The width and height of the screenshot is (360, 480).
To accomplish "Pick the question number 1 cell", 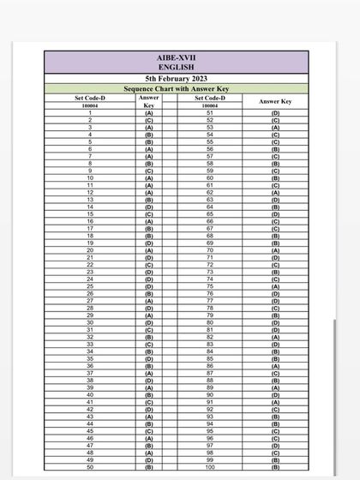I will (x=90, y=113).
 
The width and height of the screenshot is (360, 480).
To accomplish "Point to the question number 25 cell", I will (x=90, y=287).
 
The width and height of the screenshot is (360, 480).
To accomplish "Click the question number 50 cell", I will (x=90, y=468).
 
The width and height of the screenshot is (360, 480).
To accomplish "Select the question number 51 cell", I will (x=211, y=113).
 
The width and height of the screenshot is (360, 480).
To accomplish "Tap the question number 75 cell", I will (x=211, y=287).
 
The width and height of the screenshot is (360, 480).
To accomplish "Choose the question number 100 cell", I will (x=211, y=468).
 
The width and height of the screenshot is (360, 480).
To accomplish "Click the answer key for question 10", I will (x=149, y=178).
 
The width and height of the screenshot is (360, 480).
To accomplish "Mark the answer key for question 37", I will (x=149, y=374).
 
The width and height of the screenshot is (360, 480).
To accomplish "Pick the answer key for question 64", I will (x=275, y=207).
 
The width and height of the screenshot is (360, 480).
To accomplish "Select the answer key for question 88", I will (x=275, y=381).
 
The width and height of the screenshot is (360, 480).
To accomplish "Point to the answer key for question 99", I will (x=275, y=460).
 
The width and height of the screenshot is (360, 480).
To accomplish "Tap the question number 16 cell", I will (x=90, y=222).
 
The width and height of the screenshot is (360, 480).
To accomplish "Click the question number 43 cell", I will (x=90, y=417).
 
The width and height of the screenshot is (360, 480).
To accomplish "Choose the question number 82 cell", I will (x=211, y=338).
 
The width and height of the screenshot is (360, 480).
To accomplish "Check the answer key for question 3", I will (x=149, y=128).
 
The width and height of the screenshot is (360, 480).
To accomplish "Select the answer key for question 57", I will (x=275, y=157).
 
